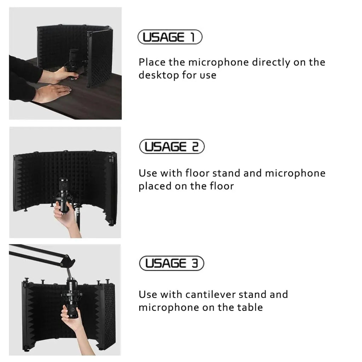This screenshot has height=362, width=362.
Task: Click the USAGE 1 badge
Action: click(170, 37)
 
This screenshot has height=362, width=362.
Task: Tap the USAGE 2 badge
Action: click(172, 146)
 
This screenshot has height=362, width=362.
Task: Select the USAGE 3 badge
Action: click(171, 263)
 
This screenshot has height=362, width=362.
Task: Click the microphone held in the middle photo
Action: click(64, 196)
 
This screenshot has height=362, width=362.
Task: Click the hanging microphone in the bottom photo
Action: click(72, 298)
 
